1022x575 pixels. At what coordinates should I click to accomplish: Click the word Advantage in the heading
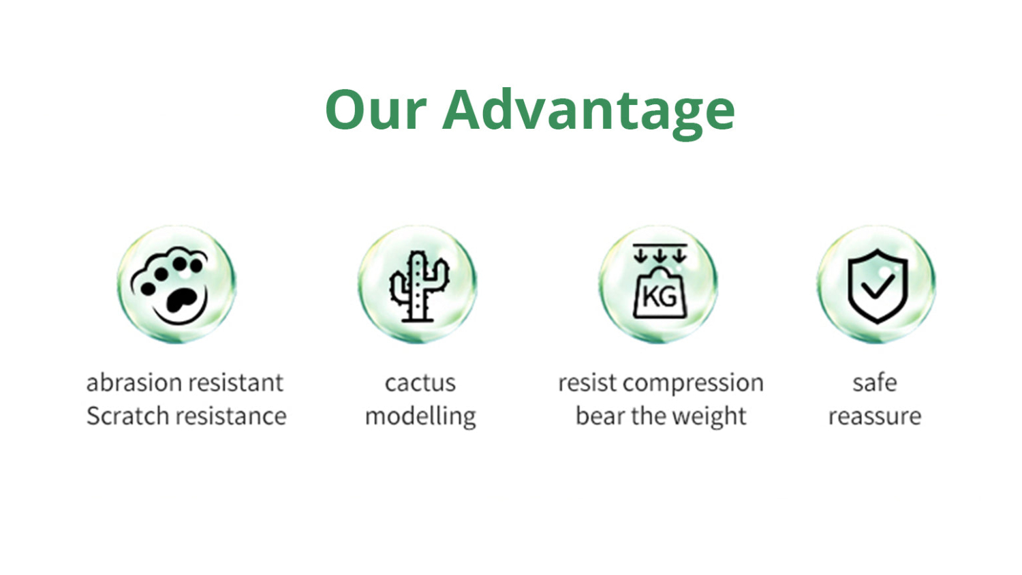point(589,114)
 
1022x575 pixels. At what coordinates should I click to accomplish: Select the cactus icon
point(419,286)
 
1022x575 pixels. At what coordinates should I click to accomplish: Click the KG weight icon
point(660,281)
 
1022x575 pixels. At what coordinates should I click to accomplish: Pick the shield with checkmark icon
point(878,286)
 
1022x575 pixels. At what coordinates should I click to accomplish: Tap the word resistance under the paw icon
point(232,416)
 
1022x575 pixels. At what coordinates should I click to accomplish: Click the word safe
point(875,382)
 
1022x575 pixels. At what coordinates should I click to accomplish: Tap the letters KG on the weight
point(660,297)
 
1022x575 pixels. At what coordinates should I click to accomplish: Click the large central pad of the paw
point(181,300)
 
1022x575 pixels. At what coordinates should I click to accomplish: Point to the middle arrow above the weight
point(660,256)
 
